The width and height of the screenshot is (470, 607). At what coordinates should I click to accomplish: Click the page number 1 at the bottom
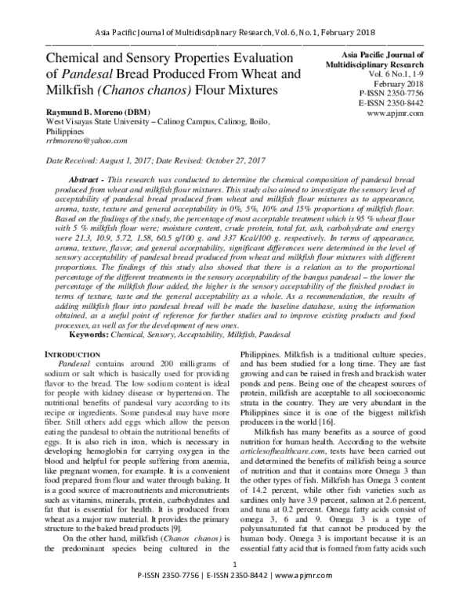pyautogui.click(x=234, y=587)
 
